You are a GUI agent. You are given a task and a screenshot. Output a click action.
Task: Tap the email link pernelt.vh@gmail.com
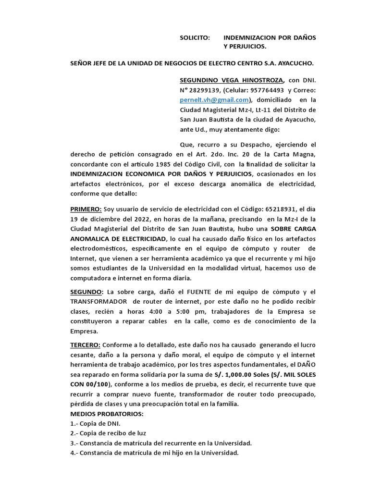point(208,99)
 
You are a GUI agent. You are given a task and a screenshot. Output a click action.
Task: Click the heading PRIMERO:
point(86,209)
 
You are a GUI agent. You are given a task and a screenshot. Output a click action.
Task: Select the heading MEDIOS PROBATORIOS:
point(107,414)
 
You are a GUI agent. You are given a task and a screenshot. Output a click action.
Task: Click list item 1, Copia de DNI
point(95,423)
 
